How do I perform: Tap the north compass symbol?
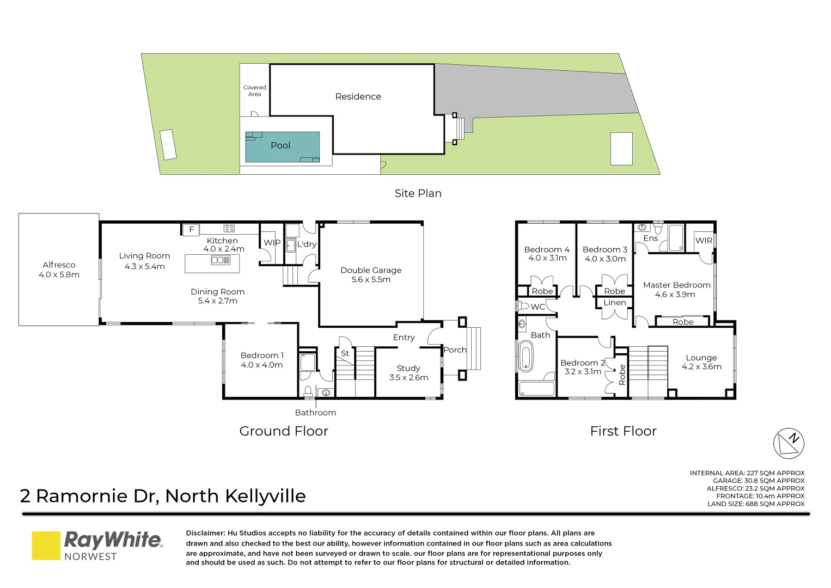[x=789, y=443]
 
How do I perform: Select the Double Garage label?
[x=371, y=270]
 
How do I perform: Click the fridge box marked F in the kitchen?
[x=191, y=230]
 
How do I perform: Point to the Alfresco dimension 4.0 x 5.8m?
[x=59, y=275]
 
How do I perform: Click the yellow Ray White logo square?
[x=46, y=546]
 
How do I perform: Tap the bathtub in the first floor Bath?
[x=526, y=356]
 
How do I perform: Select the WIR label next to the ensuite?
[x=704, y=241]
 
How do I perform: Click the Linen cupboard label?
[x=615, y=303]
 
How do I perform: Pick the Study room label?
[x=408, y=369]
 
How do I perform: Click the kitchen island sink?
[x=220, y=260]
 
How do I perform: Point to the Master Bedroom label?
[x=676, y=285]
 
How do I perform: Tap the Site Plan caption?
[x=418, y=194]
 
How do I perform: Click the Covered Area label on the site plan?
[x=254, y=91]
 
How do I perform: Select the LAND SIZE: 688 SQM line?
[x=755, y=504]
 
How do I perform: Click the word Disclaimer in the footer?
[x=205, y=534]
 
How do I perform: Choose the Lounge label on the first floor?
[x=701, y=358]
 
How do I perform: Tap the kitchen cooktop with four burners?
[x=229, y=229]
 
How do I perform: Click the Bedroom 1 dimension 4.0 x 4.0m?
[x=262, y=365]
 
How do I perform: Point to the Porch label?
[x=455, y=350]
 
